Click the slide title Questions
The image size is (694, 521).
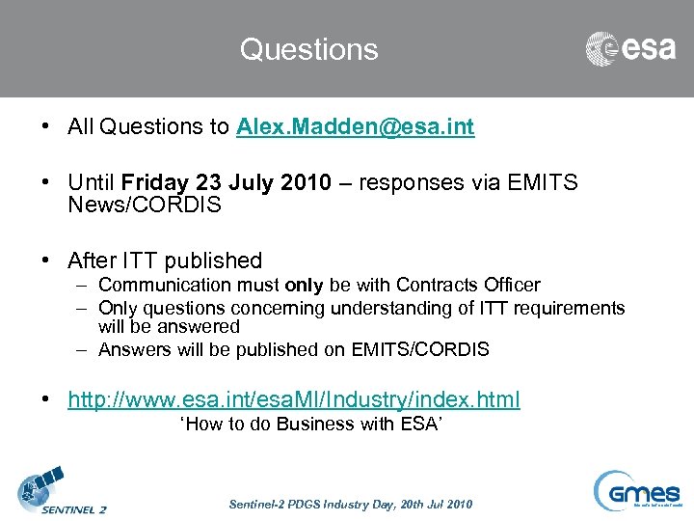308,49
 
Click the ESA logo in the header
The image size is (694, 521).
630,48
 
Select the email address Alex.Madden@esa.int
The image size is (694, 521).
355,127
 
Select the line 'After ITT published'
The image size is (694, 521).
165,260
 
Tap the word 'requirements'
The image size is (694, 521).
568,309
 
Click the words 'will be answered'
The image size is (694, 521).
169,327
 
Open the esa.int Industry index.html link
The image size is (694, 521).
293,399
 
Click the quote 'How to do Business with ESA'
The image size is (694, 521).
311,425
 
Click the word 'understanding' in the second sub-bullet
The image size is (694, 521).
384,309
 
